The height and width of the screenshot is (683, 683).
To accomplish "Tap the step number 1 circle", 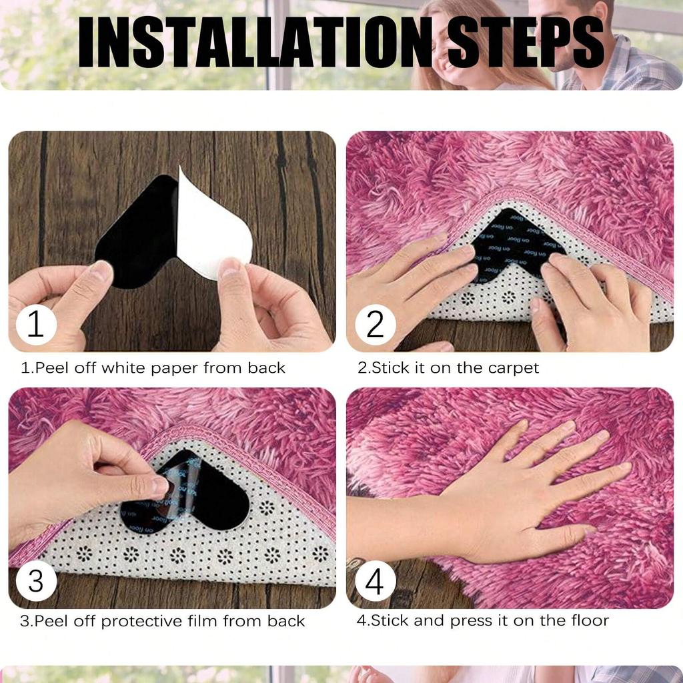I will coord(36,325).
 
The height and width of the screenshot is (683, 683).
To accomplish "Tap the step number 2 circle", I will coord(375,325).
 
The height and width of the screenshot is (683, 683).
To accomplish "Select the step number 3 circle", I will coord(36,581).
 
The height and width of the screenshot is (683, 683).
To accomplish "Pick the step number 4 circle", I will coord(375,581).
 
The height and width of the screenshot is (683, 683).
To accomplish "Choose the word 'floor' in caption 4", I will coord(587,620).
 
